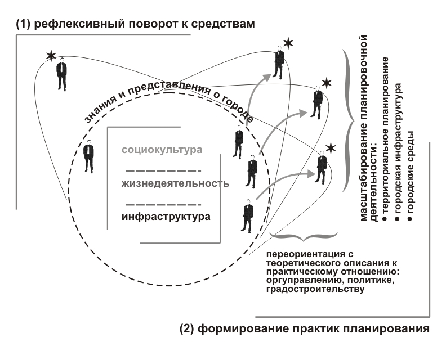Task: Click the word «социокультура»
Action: [x=162, y=150]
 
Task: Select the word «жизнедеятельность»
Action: [x=175, y=183]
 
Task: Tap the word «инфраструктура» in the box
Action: [x=166, y=217]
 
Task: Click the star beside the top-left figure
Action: [x=51, y=56]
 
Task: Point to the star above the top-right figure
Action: [x=288, y=43]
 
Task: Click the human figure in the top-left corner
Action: [x=62, y=74]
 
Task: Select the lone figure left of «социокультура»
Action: [x=89, y=156]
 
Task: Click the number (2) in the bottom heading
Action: [x=187, y=328]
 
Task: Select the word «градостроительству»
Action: [x=315, y=289]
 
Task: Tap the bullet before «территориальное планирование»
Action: [x=385, y=218]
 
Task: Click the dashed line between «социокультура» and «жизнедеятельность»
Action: [x=163, y=171]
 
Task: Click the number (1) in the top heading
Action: [x=23, y=24]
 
